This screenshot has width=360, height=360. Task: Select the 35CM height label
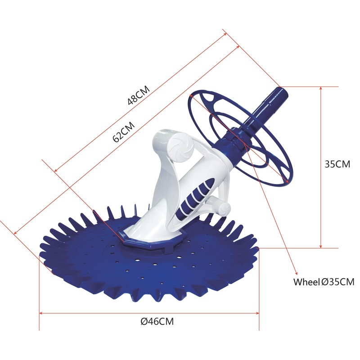tap(337, 164)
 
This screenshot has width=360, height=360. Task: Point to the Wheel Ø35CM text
tap(324, 282)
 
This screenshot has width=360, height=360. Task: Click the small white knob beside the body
tap(224, 207)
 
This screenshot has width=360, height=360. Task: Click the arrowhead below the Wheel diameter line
tap(296, 272)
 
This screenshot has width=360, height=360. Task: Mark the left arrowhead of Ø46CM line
tap(41, 314)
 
